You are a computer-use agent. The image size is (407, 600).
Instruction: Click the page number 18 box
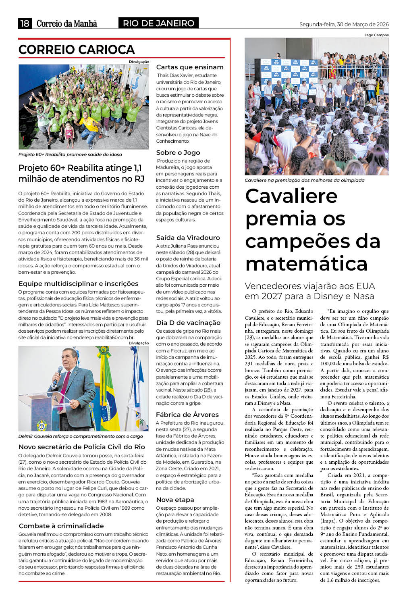click(x=25, y=23)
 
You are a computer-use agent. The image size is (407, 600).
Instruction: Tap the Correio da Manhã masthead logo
click(x=67, y=23)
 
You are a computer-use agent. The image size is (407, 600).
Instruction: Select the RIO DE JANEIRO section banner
click(x=158, y=23)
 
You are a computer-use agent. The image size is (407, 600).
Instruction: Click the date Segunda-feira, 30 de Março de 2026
click(x=344, y=24)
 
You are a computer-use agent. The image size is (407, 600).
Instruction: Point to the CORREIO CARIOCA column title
click(x=77, y=50)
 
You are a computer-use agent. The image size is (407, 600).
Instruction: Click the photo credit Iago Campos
click(x=377, y=35)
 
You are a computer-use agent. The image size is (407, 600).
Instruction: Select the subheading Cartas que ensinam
click(x=189, y=67)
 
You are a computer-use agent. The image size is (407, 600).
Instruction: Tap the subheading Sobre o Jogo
click(x=178, y=152)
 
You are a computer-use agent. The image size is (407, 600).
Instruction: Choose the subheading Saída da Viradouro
click(x=188, y=237)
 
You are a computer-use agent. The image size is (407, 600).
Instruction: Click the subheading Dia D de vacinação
click(x=188, y=323)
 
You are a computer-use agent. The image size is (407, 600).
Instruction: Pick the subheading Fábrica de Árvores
click(x=187, y=415)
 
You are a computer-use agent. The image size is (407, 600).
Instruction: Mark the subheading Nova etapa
click(x=175, y=500)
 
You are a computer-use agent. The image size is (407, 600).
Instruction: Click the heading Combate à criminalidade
click(x=61, y=526)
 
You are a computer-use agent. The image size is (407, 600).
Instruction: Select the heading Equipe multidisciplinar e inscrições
click(x=78, y=283)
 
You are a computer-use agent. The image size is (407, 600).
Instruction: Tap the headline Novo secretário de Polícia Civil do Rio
click(x=82, y=447)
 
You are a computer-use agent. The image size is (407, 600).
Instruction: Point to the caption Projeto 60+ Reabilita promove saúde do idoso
click(x=70, y=154)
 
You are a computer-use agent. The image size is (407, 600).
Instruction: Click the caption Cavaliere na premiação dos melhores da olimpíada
click(x=304, y=180)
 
